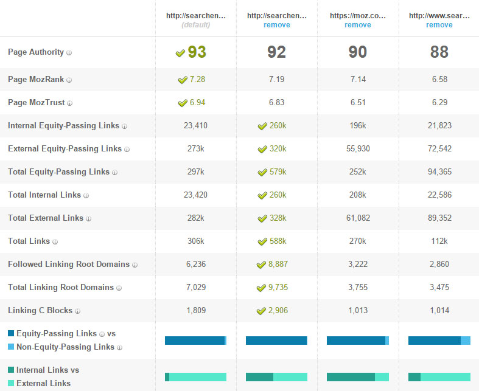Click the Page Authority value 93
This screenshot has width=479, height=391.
pos(197,52)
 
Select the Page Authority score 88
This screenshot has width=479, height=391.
pos(439,52)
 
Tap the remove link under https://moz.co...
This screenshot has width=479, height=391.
pos(357,25)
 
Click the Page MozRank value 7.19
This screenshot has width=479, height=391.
pos(276,80)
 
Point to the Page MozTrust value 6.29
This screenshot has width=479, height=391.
pos(439,103)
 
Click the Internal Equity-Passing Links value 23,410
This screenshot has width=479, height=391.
pos(195,126)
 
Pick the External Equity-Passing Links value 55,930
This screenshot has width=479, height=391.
pos(357,149)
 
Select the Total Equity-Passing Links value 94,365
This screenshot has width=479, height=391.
pos(439,172)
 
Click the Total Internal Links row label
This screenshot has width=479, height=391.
pos(44,195)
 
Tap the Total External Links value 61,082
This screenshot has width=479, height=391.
pos(357,218)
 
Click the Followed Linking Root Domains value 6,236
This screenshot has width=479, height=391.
pos(195,265)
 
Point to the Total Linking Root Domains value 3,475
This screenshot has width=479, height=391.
pos(439,288)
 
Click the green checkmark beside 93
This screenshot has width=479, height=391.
pos(180,53)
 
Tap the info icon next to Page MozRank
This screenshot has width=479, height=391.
pos(69,80)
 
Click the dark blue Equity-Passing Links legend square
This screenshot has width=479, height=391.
pos(11,333)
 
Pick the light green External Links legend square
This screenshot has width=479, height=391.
pos(11,383)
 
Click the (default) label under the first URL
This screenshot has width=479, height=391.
pos(195,25)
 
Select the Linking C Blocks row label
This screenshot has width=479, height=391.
pos(40,311)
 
